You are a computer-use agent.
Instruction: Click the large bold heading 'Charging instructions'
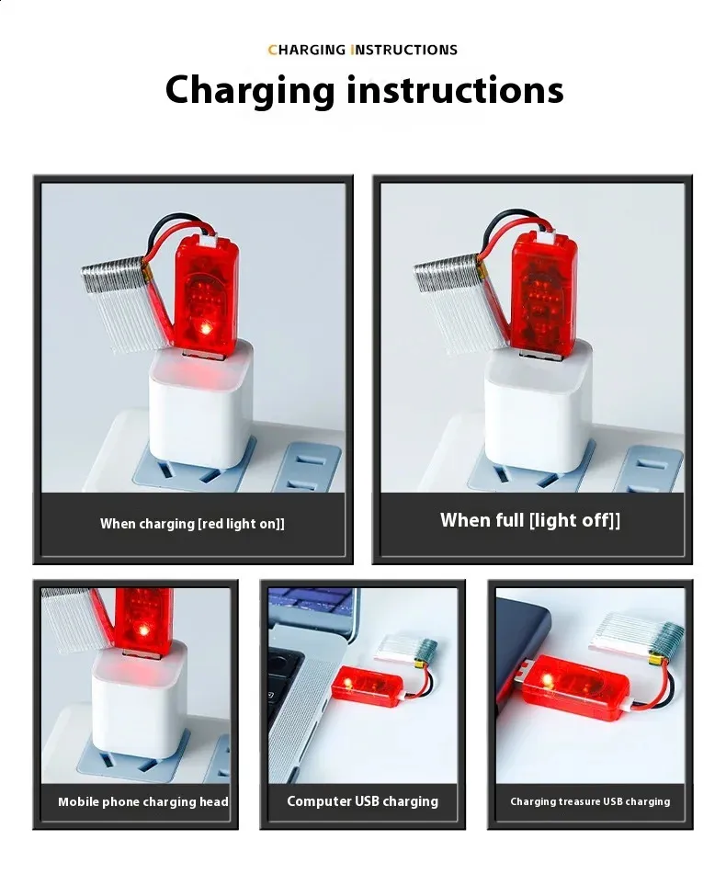click(x=364, y=90)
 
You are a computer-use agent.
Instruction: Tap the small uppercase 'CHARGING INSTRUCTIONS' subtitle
click(x=363, y=50)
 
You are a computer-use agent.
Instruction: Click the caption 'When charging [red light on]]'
click(x=192, y=524)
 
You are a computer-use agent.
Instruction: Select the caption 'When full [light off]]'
click(x=530, y=520)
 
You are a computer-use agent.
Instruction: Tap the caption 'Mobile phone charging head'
click(x=143, y=801)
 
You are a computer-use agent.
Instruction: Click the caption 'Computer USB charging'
click(x=362, y=800)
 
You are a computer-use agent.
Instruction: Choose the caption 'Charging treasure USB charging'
click(x=590, y=801)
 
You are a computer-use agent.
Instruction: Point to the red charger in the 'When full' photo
click(x=543, y=290)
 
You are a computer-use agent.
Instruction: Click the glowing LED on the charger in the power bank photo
click(x=547, y=680)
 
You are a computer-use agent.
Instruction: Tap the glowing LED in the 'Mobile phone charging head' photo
click(x=144, y=629)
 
